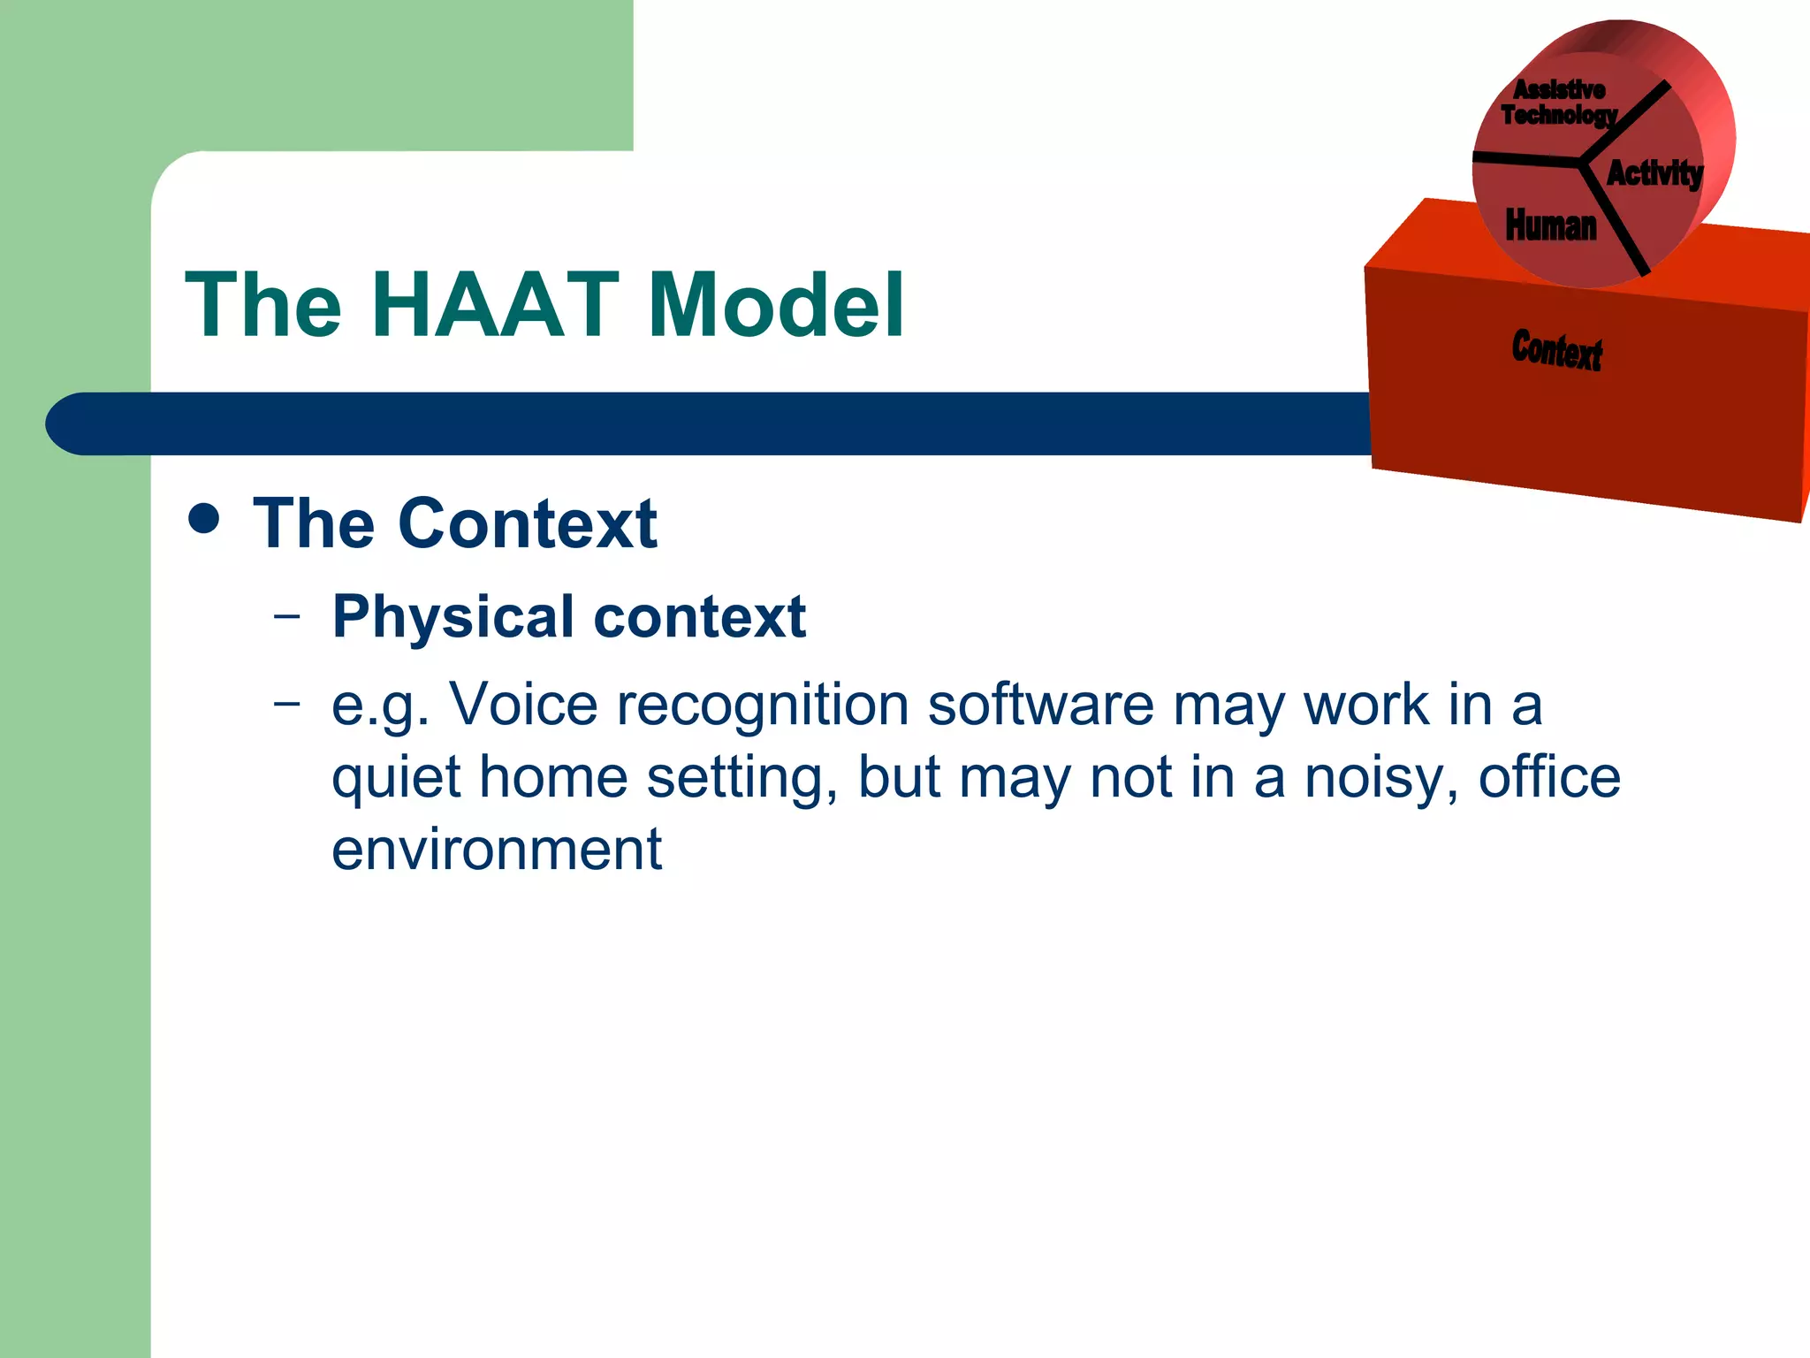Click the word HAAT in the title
pos(495,305)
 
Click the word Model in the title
pos(776,305)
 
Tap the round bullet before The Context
pos(204,519)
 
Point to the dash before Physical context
pos(286,616)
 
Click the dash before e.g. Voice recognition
pos(286,705)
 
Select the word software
pos(1040,705)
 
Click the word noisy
pos(1380,778)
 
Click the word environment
pos(497,850)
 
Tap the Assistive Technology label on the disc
pos(1558,103)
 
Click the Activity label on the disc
pos(1654,173)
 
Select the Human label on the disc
pos(1551,225)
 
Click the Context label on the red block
pos(1556,349)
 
